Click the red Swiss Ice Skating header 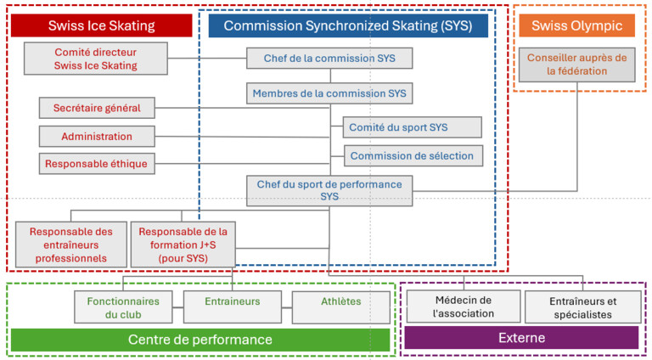point(102,25)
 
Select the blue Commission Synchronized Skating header point(348,25)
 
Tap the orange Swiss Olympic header point(576,25)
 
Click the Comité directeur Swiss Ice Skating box point(96,59)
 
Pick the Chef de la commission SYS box point(329,59)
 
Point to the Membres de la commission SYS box point(329,93)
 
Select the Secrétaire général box point(97,108)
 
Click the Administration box point(97,137)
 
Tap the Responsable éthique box point(97,164)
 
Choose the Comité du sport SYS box point(412,127)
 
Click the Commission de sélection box point(413,156)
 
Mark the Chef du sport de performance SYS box point(329,191)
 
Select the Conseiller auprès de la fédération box point(576,65)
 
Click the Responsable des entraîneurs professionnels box point(71,245)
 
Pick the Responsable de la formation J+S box point(183,245)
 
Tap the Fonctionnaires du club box point(123,307)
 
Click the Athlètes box point(341,307)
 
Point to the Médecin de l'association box point(464,307)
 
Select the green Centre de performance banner point(200,340)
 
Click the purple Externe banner point(521,338)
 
